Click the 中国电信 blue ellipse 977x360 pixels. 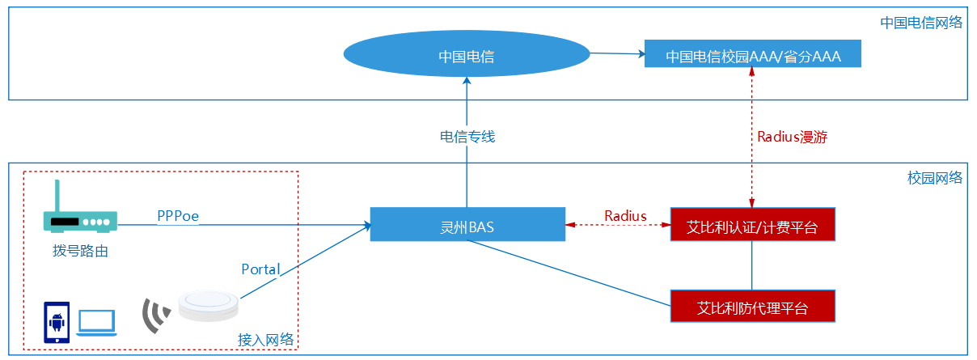pos(467,53)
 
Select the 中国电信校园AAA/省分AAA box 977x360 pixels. pos(753,53)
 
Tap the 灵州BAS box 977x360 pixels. pos(467,224)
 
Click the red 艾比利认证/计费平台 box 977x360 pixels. pos(753,224)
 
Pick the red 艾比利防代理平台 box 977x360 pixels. pos(753,307)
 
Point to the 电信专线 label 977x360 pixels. pos(467,137)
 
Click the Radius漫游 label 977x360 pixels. pos(792,137)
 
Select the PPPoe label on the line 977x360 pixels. pos(178,216)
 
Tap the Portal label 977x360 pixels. pos(260,269)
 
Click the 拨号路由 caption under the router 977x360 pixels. pos(80,251)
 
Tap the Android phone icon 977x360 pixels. pos(57,323)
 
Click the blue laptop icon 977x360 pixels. pos(96,324)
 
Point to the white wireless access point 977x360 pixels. pos(209,306)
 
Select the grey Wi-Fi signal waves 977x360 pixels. pos(156,316)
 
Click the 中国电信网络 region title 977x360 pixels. pos(921,23)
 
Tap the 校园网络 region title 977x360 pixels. pos(935,178)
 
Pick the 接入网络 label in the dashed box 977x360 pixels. pos(265,340)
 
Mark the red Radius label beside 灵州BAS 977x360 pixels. pos(625,215)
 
